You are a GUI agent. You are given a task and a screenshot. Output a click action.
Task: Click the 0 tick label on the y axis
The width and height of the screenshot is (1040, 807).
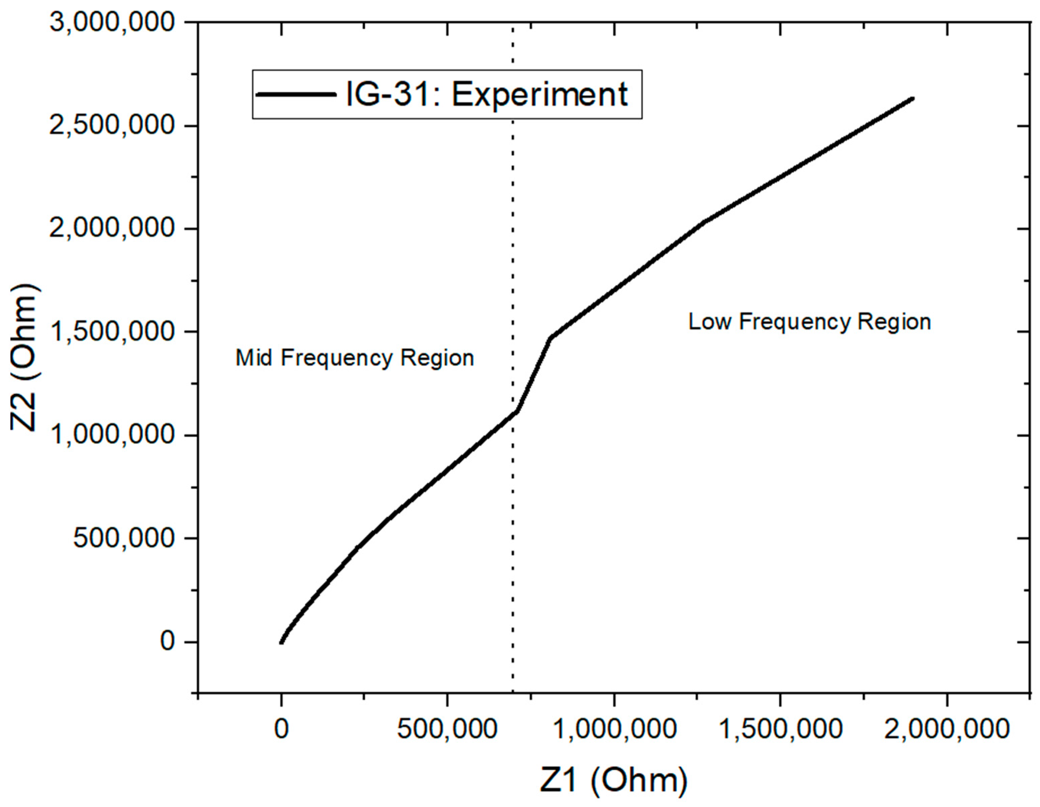tap(168, 642)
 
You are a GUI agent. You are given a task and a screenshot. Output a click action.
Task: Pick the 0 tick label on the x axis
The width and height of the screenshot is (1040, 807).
tap(281, 729)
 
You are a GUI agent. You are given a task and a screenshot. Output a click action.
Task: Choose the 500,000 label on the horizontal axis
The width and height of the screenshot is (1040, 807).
tap(447, 729)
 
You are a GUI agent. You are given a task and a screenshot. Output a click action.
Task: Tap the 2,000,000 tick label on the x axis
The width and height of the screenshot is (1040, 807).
tap(947, 729)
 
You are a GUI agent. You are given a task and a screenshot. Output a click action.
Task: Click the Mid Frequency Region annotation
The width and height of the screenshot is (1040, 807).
tap(355, 358)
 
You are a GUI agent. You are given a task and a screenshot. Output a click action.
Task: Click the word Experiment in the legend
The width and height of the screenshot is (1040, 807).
tap(539, 94)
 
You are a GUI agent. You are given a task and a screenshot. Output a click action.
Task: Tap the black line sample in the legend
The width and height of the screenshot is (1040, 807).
tap(295, 94)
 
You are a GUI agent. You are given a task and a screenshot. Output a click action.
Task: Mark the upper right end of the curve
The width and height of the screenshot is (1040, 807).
tap(912, 99)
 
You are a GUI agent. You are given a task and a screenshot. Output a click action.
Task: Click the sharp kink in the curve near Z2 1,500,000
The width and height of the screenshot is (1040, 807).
tap(551, 338)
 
